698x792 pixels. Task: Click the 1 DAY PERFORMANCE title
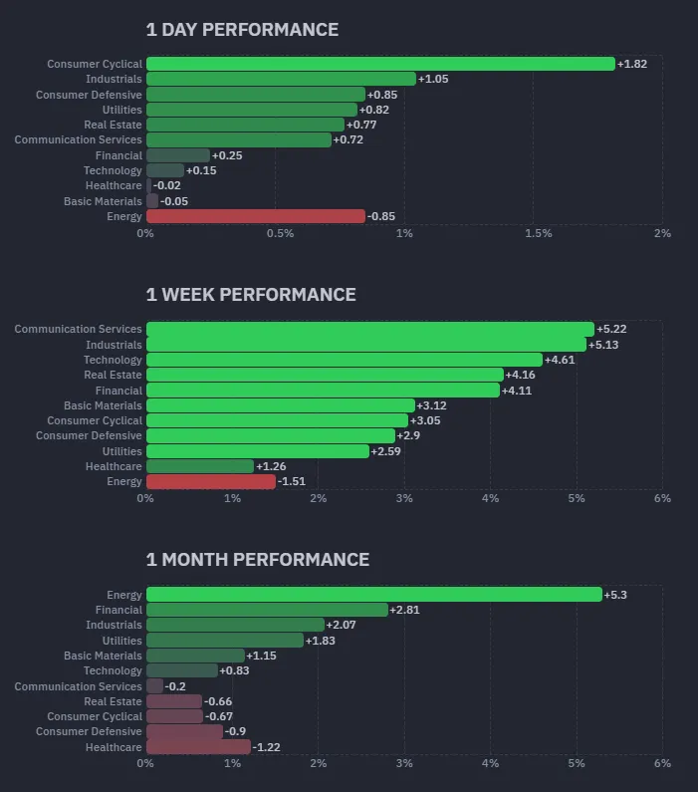[242, 30]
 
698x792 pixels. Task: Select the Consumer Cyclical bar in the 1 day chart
[380, 64]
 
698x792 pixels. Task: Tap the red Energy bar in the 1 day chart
[256, 216]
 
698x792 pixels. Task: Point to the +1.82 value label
[632, 64]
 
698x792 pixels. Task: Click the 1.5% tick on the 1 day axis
[538, 233]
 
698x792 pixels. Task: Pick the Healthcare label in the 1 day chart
[114, 185]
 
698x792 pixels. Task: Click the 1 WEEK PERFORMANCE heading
[251, 295]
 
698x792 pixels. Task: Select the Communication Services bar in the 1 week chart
[369, 329]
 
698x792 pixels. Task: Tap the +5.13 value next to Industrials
[604, 345]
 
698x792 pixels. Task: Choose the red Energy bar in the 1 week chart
[211, 481]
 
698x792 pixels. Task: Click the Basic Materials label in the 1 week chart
[103, 405]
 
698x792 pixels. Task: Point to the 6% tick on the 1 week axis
[662, 498]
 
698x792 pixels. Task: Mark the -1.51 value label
[293, 481]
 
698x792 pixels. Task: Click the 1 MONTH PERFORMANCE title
[258, 560]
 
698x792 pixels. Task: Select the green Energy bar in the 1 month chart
[373, 595]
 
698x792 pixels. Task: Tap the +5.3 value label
[616, 595]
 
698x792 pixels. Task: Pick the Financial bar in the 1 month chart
[267, 610]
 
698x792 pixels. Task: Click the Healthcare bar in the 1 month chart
[198, 747]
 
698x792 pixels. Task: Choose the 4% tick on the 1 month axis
[490, 763]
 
